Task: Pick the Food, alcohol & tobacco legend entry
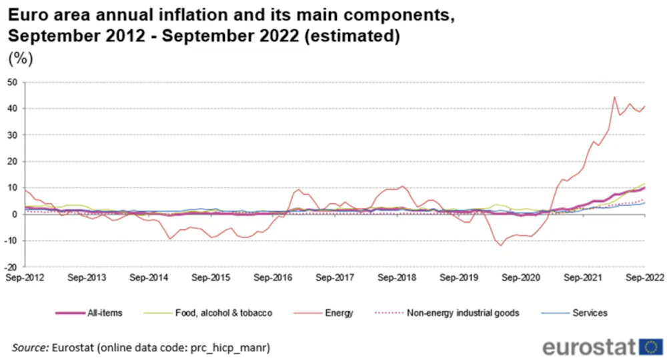tap(223, 312)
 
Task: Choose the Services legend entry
tap(590, 312)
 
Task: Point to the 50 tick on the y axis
tap(13, 83)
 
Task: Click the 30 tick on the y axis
tap(13, 135)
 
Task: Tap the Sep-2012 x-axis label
tap(25, 276)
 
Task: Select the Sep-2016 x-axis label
tap(273, 276)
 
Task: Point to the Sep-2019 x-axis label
tap(459, 276)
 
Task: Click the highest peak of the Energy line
tap(614, 97)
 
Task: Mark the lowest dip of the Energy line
tap(501, 245)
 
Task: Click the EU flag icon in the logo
tap(650, 347)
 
